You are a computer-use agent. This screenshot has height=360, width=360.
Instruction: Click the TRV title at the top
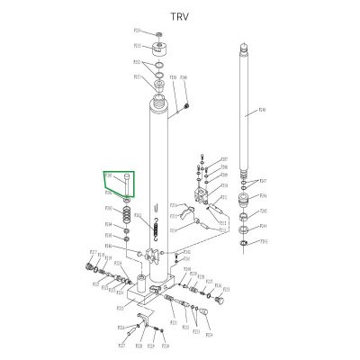(x=181, y=15)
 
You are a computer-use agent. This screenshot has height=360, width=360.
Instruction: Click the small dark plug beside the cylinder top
(x=185, y=106)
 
